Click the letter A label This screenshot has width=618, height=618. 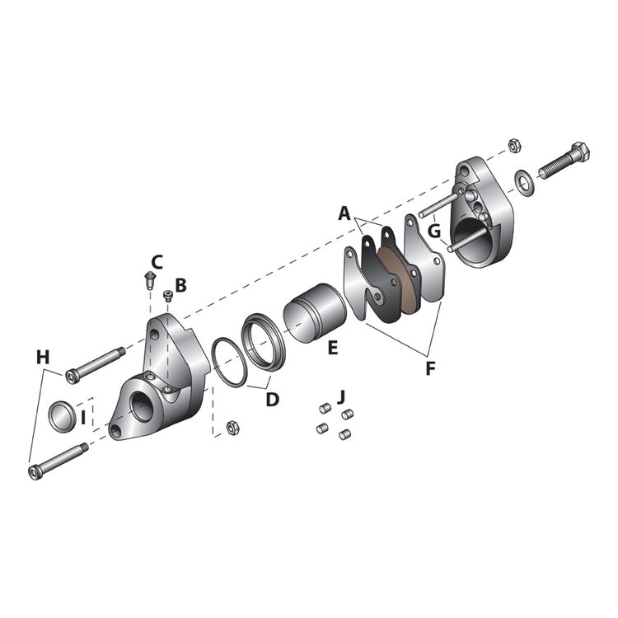344,213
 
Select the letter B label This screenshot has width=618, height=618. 180,285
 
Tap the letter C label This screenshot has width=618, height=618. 157,262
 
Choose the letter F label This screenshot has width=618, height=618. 429,368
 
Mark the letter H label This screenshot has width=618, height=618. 42,357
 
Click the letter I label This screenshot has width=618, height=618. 83,418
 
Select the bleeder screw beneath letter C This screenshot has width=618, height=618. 149,280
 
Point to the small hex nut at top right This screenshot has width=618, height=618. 514,145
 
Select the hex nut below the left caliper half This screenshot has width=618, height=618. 232,428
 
